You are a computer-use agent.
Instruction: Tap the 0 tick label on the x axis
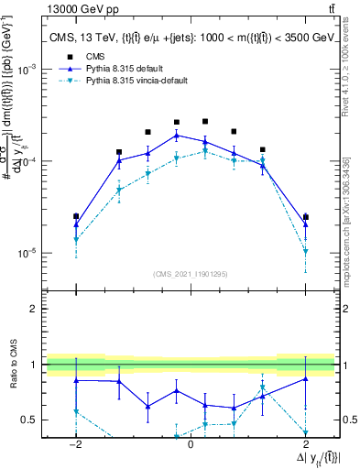click(x=191, y=443)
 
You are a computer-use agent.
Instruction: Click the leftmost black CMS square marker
click(x=76, y=216)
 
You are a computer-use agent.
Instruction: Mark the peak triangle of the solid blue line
click(x=177, y=135)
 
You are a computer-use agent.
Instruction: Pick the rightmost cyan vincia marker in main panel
click(x=305, y=251)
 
